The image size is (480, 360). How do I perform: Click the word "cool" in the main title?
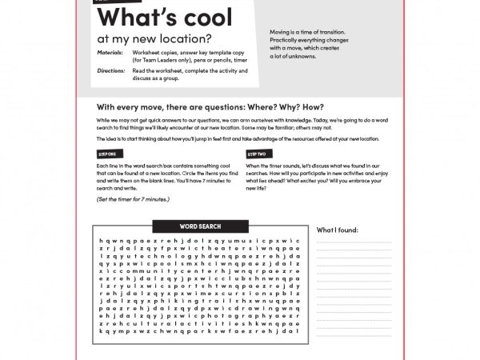(x=203, y=17)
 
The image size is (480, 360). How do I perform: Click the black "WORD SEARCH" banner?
(x=200, y=226)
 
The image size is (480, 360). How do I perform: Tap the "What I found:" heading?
(x=338, y=230)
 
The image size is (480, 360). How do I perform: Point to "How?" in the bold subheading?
(x=314, y=107)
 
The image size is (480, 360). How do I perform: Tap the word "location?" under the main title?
(x=182, y=37)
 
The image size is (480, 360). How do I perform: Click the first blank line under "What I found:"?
(x=354, y=242)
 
